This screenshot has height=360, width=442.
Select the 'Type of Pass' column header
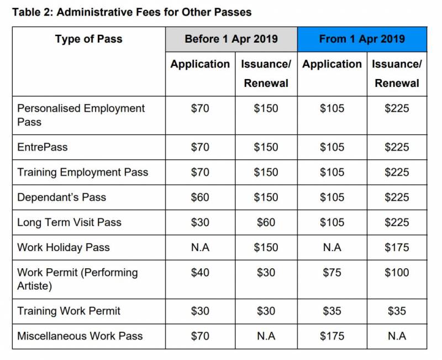point(88,39)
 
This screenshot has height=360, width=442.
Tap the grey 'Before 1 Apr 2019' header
point(231,39)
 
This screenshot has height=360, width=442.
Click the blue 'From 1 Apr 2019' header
point(362,39)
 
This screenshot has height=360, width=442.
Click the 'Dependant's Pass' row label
point(61,197)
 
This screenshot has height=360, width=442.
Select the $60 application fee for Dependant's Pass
point(200,197)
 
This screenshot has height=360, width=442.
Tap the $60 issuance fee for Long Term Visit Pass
point(266,222)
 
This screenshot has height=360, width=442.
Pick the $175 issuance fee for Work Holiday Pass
point(397,247)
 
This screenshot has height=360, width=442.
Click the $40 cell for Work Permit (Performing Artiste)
point(200,273)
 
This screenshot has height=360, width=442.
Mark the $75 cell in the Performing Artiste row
point(331,273)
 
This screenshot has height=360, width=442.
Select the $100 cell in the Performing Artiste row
point(397,273)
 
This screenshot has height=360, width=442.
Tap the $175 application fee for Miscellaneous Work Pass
point(331,336)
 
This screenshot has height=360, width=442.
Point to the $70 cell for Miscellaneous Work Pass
point(200,336)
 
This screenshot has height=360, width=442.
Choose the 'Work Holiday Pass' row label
point(64,247)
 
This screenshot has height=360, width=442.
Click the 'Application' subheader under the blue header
point(332,64)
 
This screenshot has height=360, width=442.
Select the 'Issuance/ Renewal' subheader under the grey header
point(266,73)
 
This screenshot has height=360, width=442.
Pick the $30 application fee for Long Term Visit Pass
point(200,222)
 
